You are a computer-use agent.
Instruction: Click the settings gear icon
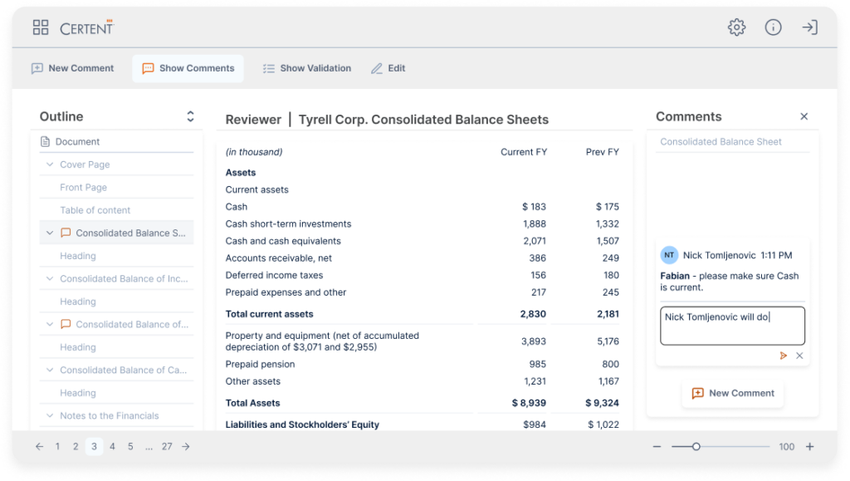coord(736,27)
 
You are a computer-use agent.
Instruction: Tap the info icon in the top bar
coord(773,27)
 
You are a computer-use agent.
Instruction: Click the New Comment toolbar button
coord(72,68)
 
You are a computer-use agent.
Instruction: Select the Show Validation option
coord(306,68)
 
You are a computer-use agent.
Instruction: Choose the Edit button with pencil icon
coord(388,68)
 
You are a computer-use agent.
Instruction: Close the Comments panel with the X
coord(804,117)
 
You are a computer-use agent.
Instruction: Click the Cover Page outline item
coord(85,164)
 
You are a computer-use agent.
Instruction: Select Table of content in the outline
coord(95,210)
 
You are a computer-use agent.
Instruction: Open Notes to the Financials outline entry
coord(109,415)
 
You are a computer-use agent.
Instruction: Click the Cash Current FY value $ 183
coord(534,207)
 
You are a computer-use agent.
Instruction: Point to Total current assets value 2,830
coord(533,314)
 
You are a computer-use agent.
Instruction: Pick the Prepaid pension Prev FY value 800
coord(610,364)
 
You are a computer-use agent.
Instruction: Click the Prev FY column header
coord(602,152)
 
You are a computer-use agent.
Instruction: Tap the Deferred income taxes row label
coord(274,275)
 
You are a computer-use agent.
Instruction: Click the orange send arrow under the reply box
coord(783,356)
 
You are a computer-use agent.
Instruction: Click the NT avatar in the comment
coord(668,256)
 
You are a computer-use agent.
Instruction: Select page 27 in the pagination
coord(167,446)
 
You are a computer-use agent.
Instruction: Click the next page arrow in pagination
coord(186,446)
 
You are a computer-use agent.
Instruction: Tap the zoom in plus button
coord(809,446)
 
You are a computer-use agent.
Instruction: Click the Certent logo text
coord(86,28)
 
